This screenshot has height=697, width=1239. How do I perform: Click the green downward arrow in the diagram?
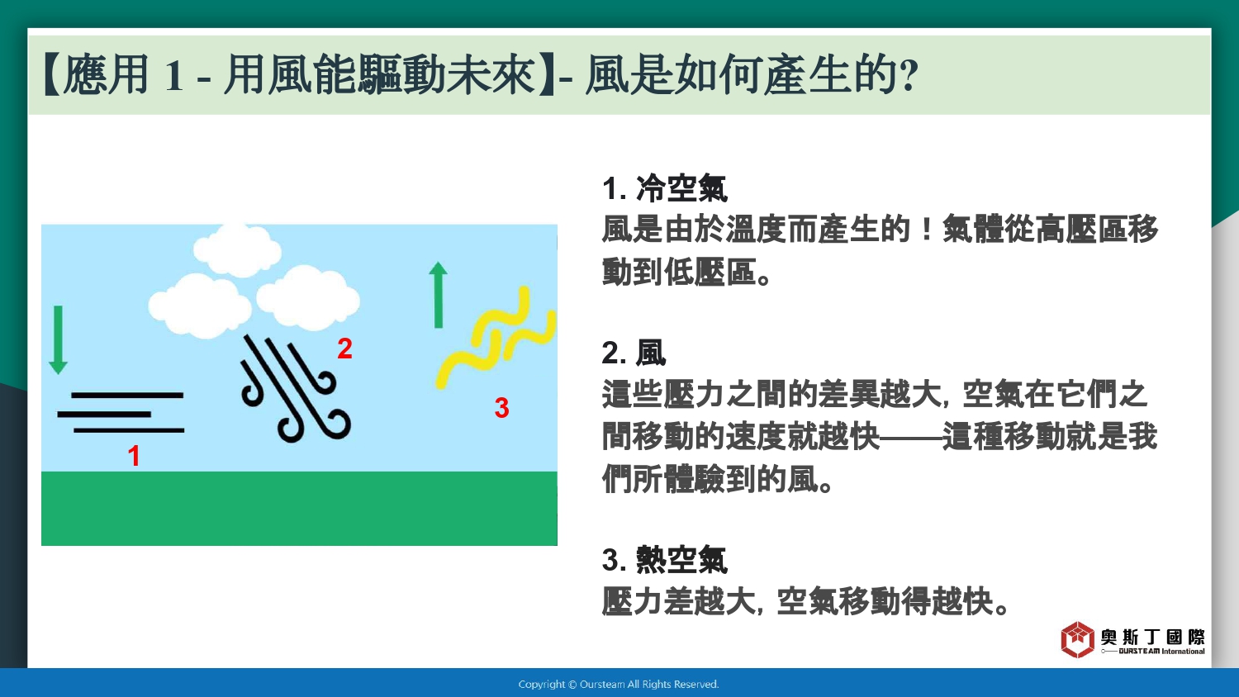click(x=58, y=339)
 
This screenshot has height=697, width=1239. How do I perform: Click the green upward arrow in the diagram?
click(x=438, y=295)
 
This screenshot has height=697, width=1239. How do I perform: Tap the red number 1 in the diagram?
click(x=134, y=456)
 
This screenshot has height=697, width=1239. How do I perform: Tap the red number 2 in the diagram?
click(x=344, y=348)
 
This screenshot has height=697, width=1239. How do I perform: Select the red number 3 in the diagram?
click(x=501, y=408)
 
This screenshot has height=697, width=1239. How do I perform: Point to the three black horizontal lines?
click(x=121, y=413)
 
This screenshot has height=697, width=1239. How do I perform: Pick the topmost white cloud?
click(x=238, y=250)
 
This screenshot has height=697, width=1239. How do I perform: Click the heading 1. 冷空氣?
click(x=664, y=188)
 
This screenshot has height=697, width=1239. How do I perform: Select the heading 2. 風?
click(x=634, y=353)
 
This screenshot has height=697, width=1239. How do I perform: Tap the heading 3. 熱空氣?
click(x=664, y=559)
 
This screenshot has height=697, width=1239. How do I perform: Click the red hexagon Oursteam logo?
click(x=1077, y=639)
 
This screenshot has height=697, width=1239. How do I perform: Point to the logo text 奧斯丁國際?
click(x=1152, y=637)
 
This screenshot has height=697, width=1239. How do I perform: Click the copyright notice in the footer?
click(x=619, y=685)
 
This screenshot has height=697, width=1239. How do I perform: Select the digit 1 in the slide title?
click(x=173, y=76)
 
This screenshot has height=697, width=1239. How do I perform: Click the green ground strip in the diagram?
click(x=299, y=509)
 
